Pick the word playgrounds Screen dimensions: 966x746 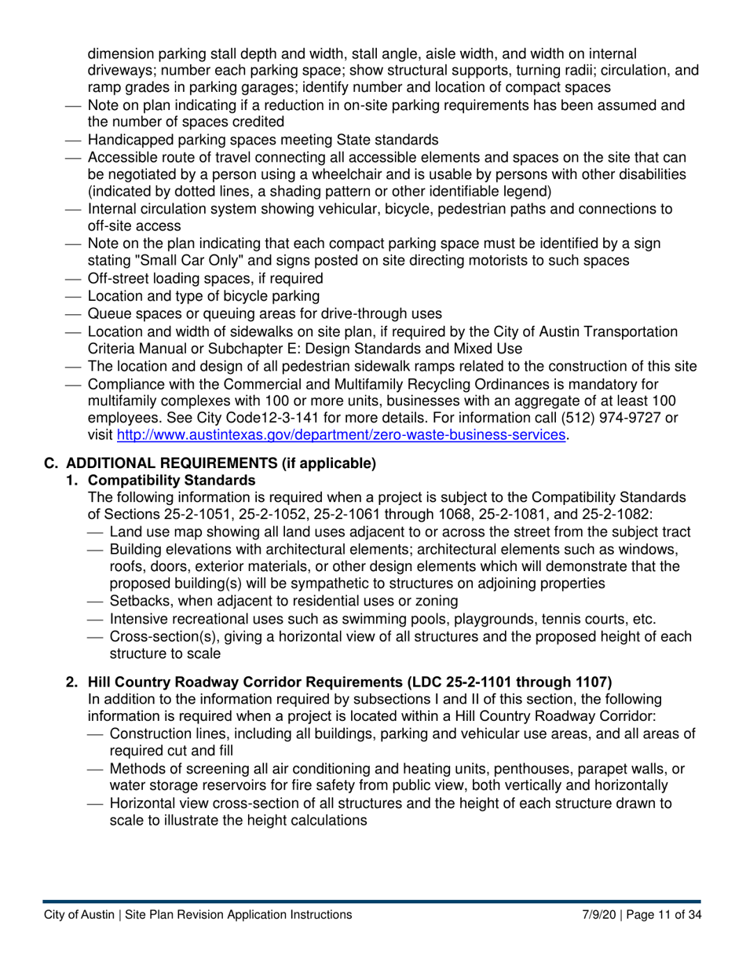point(457,619)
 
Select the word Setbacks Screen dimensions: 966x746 point(140,602)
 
